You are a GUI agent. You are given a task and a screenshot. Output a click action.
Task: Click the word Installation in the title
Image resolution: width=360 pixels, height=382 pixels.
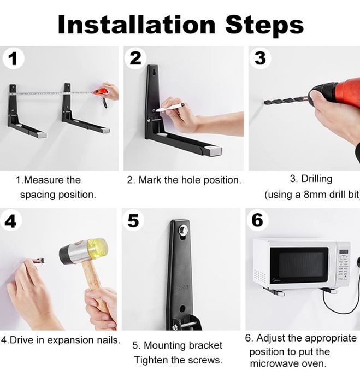coord(137,25)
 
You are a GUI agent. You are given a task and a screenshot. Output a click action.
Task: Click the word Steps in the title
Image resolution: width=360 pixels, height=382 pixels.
coord(264,26)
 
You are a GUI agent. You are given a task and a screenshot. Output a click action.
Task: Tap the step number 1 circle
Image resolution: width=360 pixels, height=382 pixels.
coord(14,58)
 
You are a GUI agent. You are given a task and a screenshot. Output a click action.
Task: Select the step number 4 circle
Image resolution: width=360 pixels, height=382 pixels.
coord(11,221)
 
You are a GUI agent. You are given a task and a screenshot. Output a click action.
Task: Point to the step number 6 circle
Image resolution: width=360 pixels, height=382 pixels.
coord(257,220)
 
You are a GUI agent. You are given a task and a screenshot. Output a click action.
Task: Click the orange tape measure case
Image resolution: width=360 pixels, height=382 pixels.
coord(101,92)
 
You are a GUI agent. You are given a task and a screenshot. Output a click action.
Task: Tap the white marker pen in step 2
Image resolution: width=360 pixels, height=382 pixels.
coord(170,107)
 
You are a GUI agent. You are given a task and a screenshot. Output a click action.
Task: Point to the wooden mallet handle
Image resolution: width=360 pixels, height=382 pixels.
coord(95,285)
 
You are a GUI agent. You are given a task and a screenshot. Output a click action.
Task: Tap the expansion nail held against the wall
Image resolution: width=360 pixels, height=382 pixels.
coord(39,261)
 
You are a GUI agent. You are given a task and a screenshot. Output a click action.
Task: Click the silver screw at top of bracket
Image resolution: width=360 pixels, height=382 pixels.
coord(183,229)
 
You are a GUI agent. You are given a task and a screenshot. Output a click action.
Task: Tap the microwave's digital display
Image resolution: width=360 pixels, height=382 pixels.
coord(344,251)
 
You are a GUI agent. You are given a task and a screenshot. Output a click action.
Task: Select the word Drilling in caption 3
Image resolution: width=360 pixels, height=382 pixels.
coord(317,179)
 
